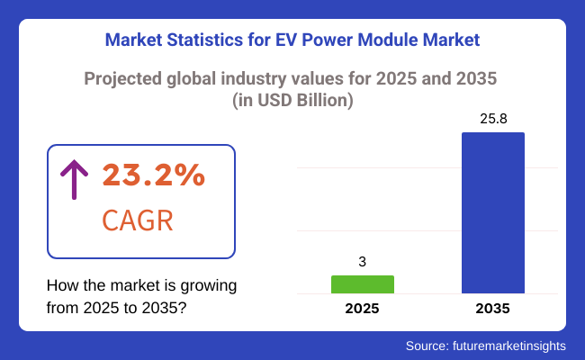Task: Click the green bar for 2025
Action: click(x=362, y=284)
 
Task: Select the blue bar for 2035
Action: click(x=492, y=212)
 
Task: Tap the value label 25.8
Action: click(x=492, y=119)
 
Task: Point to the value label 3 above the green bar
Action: click(x=362, y=262)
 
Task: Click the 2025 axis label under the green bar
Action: click(x=362, y=309)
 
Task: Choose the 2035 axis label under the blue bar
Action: click(x=492, y=309)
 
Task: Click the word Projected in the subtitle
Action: click(x=121, y=78)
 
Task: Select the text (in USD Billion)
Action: click(x=292, y=102)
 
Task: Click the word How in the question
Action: click(x=61, y=286)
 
